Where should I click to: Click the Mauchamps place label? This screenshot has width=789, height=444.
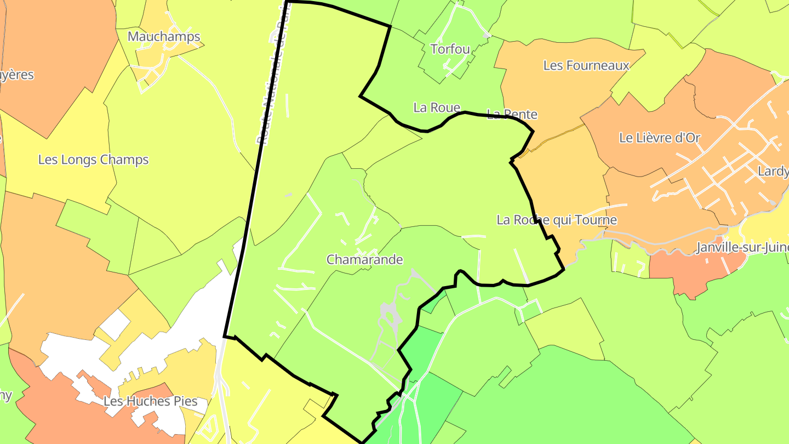click(x=164, y=37)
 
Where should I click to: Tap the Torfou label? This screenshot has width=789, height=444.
click(x=450, y=49)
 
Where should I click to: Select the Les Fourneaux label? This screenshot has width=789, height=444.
click(x=586, y=66)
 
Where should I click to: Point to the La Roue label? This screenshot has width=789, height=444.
click(x=437, y=107)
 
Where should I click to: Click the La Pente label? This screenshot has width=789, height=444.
click(x=512, y=115)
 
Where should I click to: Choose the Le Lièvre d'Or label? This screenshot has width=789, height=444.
click(x=660, y=138)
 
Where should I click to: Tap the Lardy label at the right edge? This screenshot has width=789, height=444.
click(x=773, y=172)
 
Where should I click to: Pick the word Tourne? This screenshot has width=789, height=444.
click(x=597, y=220)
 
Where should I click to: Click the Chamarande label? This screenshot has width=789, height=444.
click(x=365, y=260)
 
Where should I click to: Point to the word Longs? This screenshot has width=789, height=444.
click(x=83, y=160)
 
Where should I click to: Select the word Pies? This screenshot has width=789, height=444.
click(x=185, y=401)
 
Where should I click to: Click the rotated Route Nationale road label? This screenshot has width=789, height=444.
click(x=273, y=77)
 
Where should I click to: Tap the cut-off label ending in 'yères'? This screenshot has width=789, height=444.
click(x=16, y=75)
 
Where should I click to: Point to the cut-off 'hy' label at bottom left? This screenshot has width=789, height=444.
click(x=5, y=396)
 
